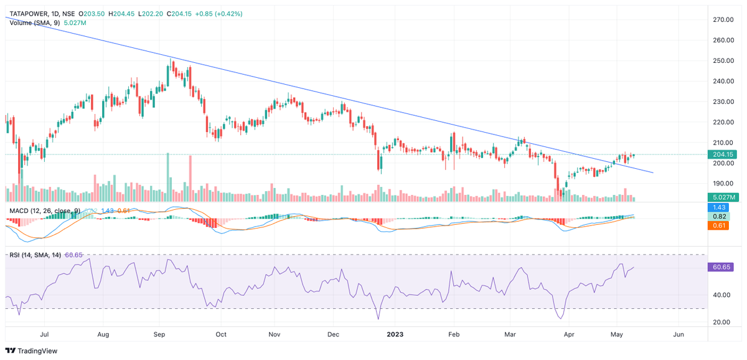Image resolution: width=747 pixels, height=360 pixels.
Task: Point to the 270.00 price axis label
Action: pyautogui.click(x=723, y=20)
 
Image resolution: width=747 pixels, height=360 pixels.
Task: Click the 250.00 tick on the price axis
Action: pyautogui.click(x=723, y=61)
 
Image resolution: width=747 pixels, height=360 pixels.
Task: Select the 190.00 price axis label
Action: pyautogui.click(x=723, y=184)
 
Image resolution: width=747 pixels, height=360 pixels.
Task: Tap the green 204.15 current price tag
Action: pyautogui.click(x=725, y=154)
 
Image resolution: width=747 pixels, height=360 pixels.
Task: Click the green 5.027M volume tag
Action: pyautogui.click(x=725, y=197)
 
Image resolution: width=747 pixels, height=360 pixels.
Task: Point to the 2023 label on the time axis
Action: pyautogui.click(x=395, y=334)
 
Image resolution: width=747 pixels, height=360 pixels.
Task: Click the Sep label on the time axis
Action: pyautogui.click(x=160, y=334)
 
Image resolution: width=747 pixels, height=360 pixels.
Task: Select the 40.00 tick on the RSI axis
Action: pyautogui.click(x=722, y=295)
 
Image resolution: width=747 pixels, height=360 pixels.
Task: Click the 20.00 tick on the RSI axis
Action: pyautogui.click(x=722, y=322)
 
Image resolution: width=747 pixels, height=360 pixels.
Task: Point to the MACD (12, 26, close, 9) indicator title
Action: pyautogui.click(x=44, y=211)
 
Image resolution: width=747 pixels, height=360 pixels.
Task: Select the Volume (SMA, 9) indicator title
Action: pyautogui.click(x=34, y=22)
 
